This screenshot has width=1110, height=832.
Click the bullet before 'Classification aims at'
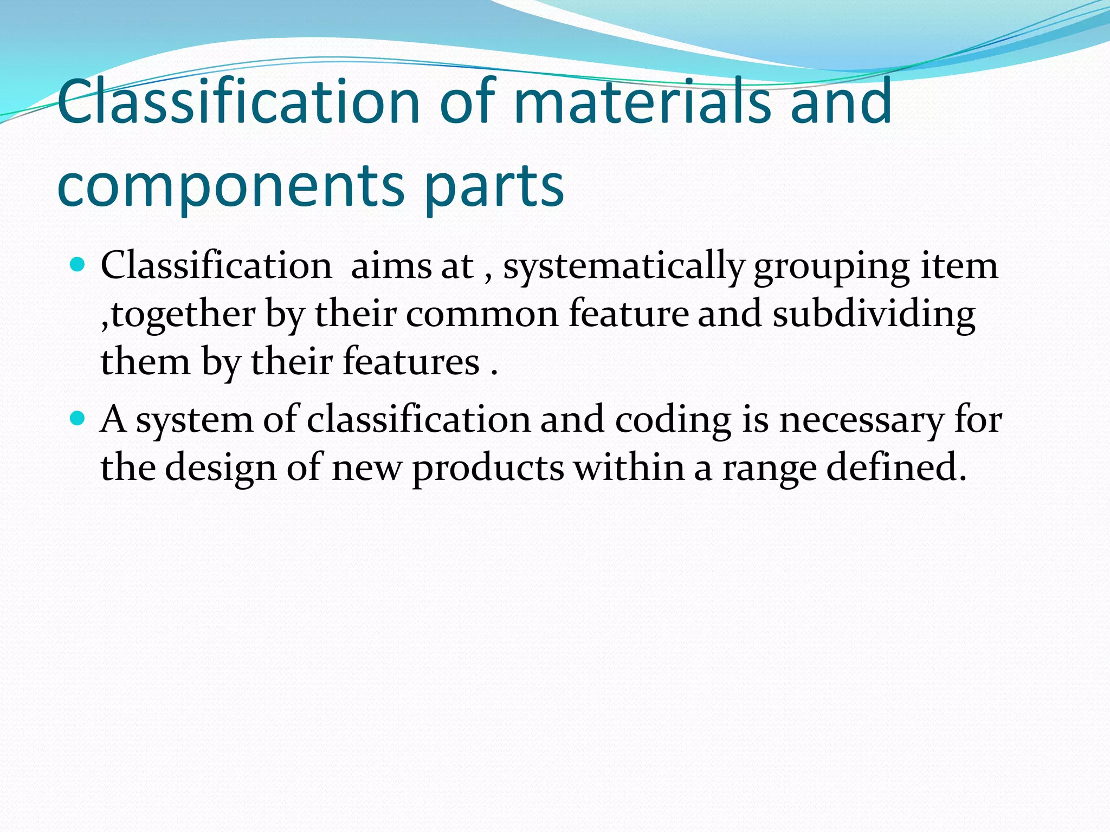[x=79, y=265]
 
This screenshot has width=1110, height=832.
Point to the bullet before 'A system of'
[x=79, y=418]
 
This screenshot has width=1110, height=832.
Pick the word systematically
[x=624, y=267]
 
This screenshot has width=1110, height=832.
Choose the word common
[x=482, y=314]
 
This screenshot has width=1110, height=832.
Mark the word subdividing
[x=874, y=314]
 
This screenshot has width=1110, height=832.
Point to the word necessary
[x=861, y=420]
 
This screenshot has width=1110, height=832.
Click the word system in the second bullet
[x=194, y=420]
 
